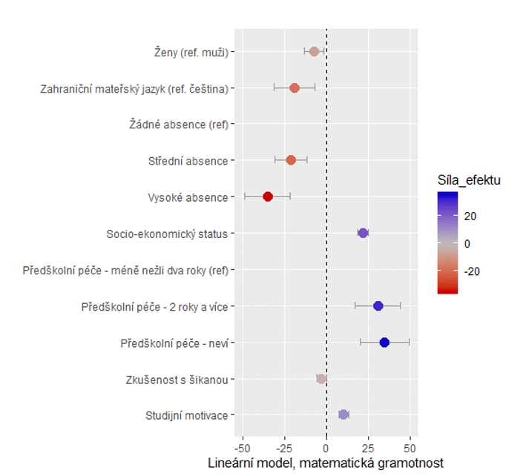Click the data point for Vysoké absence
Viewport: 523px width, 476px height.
point(268,196)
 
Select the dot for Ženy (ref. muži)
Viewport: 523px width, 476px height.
point(315,52)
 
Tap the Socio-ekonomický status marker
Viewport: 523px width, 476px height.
point(364,233)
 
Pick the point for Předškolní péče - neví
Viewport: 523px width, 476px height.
point(384,343)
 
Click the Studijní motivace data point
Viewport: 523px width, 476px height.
point(343,414)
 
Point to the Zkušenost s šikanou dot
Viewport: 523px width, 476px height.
point(321,379)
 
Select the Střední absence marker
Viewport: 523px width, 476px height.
point(291,160)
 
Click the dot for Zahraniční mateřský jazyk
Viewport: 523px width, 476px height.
point(295,88)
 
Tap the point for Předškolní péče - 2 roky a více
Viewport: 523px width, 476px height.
point(378,305)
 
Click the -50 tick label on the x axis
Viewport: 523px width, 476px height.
point(242,449)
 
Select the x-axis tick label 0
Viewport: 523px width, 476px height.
point(326,449)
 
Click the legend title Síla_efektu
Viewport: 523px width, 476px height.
point(469,180)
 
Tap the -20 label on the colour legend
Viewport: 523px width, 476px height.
point(472,271)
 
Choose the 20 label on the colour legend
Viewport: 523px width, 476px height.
point(470,216)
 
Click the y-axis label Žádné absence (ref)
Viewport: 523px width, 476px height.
point(179,125)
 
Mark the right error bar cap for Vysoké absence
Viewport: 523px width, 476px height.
point(290,196)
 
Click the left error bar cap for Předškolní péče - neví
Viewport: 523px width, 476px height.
point(361,343)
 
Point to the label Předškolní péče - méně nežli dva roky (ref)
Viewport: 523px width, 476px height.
point(125,271)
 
